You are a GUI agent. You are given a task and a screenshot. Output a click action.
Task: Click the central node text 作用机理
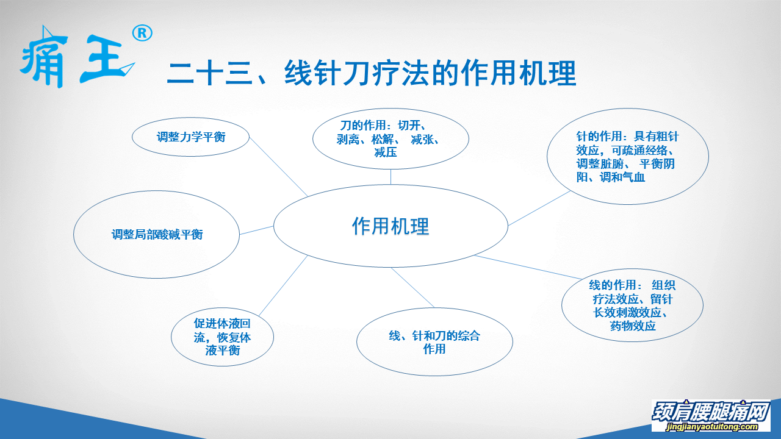click(390, 226)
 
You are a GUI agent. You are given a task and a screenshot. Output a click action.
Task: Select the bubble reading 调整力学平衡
click(191, 137)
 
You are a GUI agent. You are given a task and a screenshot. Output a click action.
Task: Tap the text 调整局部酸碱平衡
click(157, 235)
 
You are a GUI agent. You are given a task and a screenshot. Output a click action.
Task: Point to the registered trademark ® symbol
click(142, 34)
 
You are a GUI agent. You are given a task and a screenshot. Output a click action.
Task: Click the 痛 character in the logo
click(43, 57)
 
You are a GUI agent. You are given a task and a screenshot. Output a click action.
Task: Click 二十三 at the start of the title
click(210, 73)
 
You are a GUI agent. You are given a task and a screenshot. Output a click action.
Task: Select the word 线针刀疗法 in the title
click(356, 73)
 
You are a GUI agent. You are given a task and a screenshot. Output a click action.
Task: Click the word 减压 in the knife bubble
click(386, 152)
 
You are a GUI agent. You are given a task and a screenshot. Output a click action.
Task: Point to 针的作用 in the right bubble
click(599, 136)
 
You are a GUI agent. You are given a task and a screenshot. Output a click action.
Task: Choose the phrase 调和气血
click(622, 177)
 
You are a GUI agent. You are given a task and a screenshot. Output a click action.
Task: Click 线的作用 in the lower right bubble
click(612, 285)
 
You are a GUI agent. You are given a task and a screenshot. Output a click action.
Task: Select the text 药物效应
click(633, 326)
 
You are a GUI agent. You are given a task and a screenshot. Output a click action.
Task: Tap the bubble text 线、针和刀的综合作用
click(434, 342)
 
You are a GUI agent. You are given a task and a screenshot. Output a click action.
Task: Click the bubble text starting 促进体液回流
click(222, 337)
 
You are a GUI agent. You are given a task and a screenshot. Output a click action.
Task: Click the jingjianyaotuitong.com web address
click(711, 426)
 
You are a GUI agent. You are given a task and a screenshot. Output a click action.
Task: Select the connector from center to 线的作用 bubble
click(528, 267)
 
